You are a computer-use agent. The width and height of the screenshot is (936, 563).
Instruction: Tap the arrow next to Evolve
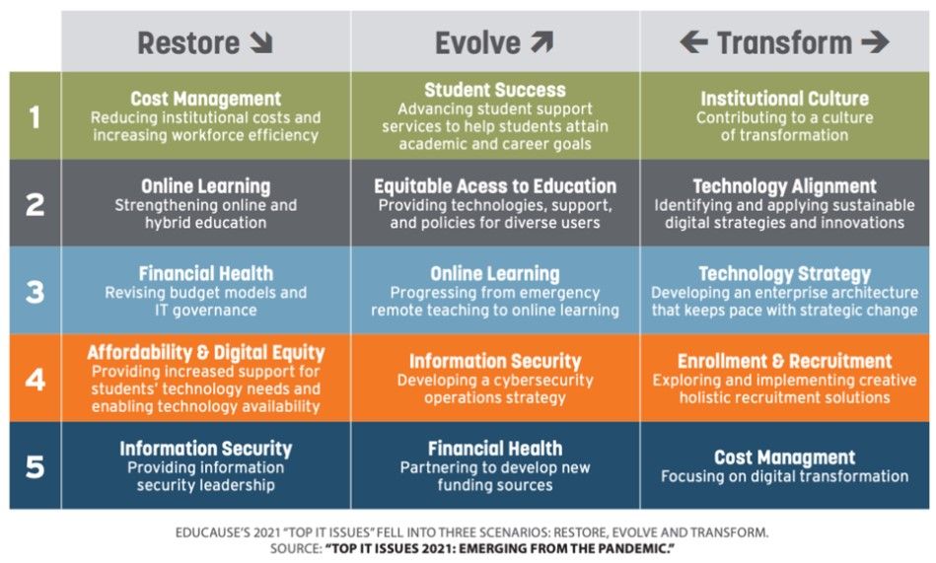[541, 42]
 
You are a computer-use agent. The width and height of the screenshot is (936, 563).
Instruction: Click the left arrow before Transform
[693, 42]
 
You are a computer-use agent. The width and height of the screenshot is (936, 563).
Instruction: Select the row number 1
[35, 117]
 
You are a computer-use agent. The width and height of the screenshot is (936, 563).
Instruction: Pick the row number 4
[35, 379]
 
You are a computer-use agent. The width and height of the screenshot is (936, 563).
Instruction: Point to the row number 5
[35, 465]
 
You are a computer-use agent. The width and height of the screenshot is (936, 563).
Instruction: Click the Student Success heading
[495, 91]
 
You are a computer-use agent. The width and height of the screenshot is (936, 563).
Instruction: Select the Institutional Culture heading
[784, 99]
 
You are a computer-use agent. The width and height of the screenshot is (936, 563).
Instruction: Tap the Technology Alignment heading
[784, 186]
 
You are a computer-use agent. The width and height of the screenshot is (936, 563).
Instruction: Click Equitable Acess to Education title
[495, 186]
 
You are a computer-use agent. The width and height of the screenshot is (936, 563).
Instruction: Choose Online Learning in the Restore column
[205, 186]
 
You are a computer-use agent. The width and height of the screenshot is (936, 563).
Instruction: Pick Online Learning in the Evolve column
[495, 274]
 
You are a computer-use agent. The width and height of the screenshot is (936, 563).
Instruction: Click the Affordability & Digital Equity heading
[205, 353]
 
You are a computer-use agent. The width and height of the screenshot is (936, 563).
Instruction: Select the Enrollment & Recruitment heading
[784, 361]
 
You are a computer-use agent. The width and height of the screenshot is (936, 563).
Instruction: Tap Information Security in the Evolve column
[495, 361]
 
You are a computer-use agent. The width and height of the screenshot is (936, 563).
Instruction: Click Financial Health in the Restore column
[205, 274]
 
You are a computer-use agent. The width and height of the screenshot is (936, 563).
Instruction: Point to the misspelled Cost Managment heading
[784, 457]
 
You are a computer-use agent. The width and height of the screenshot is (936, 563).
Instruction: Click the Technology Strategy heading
[784, 274]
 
